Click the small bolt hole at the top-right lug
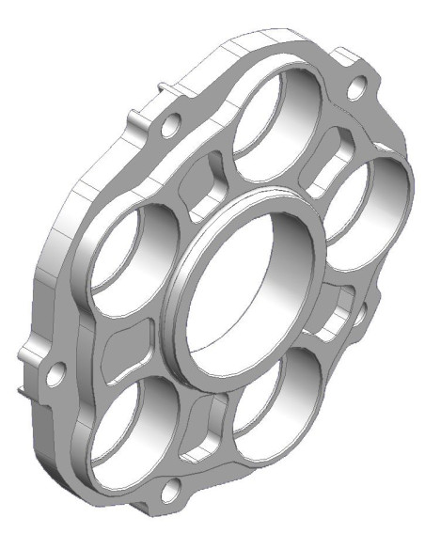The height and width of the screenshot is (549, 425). [356, 89]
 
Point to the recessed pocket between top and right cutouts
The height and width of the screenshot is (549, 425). [334, 150]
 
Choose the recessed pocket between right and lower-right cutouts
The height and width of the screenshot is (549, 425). [329, 324]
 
